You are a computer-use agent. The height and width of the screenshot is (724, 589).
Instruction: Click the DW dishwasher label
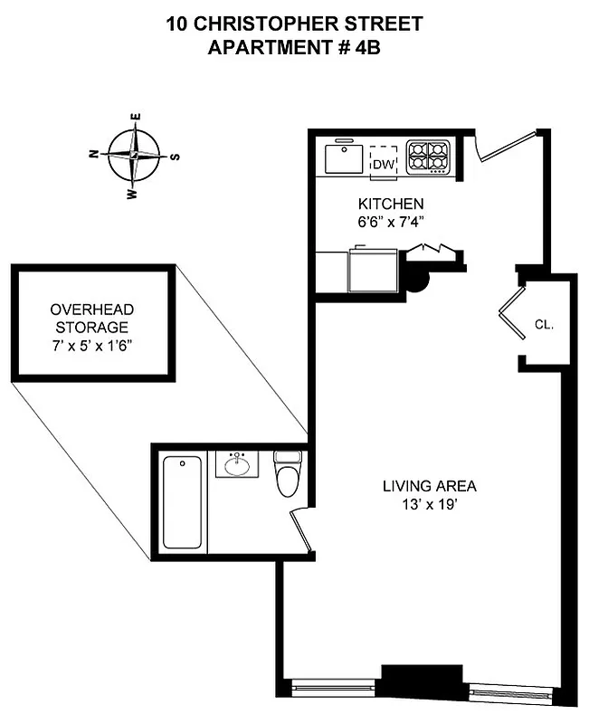(385, 164)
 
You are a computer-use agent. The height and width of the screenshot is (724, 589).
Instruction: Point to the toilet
(288, 474)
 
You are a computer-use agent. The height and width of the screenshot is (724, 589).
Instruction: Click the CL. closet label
(544, 324)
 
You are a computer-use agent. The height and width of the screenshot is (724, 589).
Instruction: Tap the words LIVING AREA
(430, 486)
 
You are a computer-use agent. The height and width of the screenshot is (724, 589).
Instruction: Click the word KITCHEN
(391, 204)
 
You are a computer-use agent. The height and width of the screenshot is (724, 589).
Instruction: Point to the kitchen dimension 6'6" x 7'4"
(391, 223)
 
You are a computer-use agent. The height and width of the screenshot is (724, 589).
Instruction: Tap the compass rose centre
(134, 156)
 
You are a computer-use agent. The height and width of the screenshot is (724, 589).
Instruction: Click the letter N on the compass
(93, 154)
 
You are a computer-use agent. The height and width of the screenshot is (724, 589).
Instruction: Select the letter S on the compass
(176, 157)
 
